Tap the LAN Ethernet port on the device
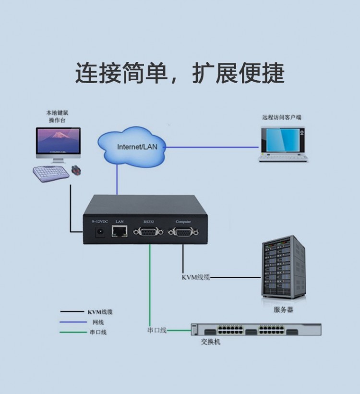[x=120, y=233]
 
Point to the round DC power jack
[x=101, y=233]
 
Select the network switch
[x=256, y=330]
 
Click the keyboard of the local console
[x=50, y=173]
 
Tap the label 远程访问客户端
[x=282, y=117]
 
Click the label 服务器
[x=283, y=310]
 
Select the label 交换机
[x=211, y=342]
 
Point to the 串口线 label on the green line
[x=157, y=330]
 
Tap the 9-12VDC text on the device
[x=100, y=222]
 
